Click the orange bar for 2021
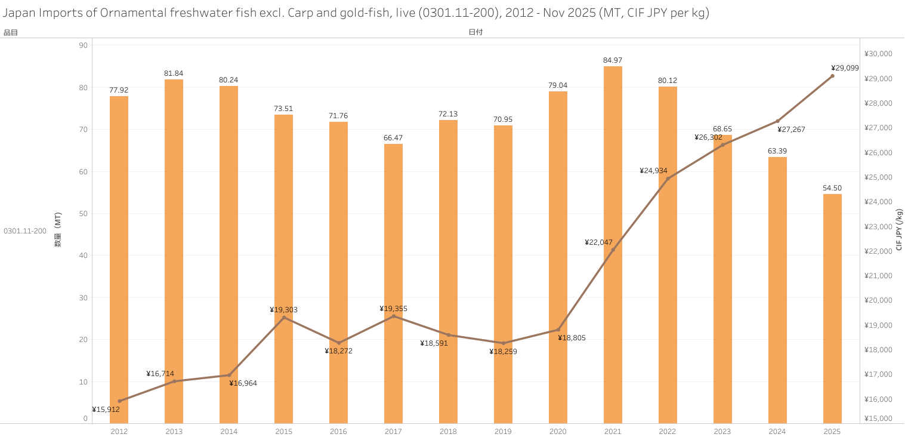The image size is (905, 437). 613,245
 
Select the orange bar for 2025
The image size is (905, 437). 832,309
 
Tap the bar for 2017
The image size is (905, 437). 393,284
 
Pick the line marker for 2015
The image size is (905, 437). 284,318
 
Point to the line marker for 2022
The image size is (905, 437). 668,179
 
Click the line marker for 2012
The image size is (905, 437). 119,401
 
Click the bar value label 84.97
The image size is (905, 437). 613,60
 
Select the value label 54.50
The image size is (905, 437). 832,188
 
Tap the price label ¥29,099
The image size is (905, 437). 845,68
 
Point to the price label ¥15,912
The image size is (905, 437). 106,410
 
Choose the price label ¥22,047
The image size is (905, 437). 598,242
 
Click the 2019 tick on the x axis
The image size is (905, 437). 503,431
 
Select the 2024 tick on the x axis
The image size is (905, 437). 777,431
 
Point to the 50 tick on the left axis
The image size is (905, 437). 83,214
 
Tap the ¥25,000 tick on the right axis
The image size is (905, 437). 878,177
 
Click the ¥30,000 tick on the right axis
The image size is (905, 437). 878,54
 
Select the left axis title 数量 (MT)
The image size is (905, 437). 58,230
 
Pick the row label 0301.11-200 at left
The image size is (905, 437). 25,231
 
